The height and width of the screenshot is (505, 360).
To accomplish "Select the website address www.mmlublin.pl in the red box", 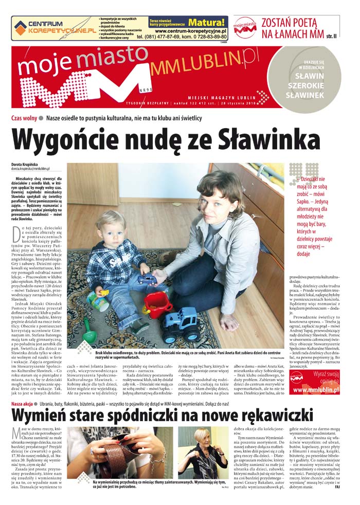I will pyautogui.click(x=315, y=390).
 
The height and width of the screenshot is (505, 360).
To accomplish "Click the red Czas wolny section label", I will pyautogui.click(x=24, y=118).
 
